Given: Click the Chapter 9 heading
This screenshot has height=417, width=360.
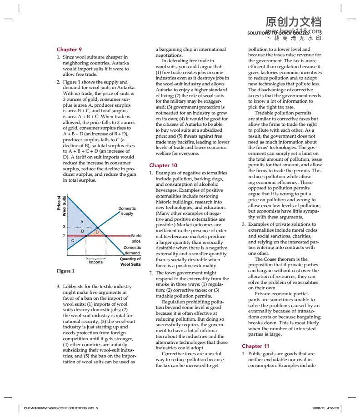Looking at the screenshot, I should [69, 49].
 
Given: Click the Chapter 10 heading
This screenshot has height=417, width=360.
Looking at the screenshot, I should [163, 165].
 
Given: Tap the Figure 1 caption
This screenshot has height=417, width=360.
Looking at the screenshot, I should [64, 271].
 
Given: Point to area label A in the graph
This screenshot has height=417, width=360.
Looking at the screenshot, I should [81, 221].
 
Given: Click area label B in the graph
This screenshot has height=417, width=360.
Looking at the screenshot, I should [82, 232].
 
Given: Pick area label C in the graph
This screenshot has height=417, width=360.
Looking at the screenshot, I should [73, 240].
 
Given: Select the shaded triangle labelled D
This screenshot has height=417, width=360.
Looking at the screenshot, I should [97, 232].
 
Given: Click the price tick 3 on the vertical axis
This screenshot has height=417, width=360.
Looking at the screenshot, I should [65, 227].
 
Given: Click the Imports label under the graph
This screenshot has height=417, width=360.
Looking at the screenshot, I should [95, 262].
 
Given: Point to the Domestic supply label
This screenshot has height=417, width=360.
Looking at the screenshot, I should [127, 211].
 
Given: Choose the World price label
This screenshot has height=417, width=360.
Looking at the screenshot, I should [135, 238].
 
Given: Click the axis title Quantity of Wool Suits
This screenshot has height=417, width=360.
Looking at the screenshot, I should [130, 261].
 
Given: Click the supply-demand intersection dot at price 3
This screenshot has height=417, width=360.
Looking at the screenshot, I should [97, 227].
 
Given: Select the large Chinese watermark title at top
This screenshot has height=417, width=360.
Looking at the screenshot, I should [293, 22].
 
